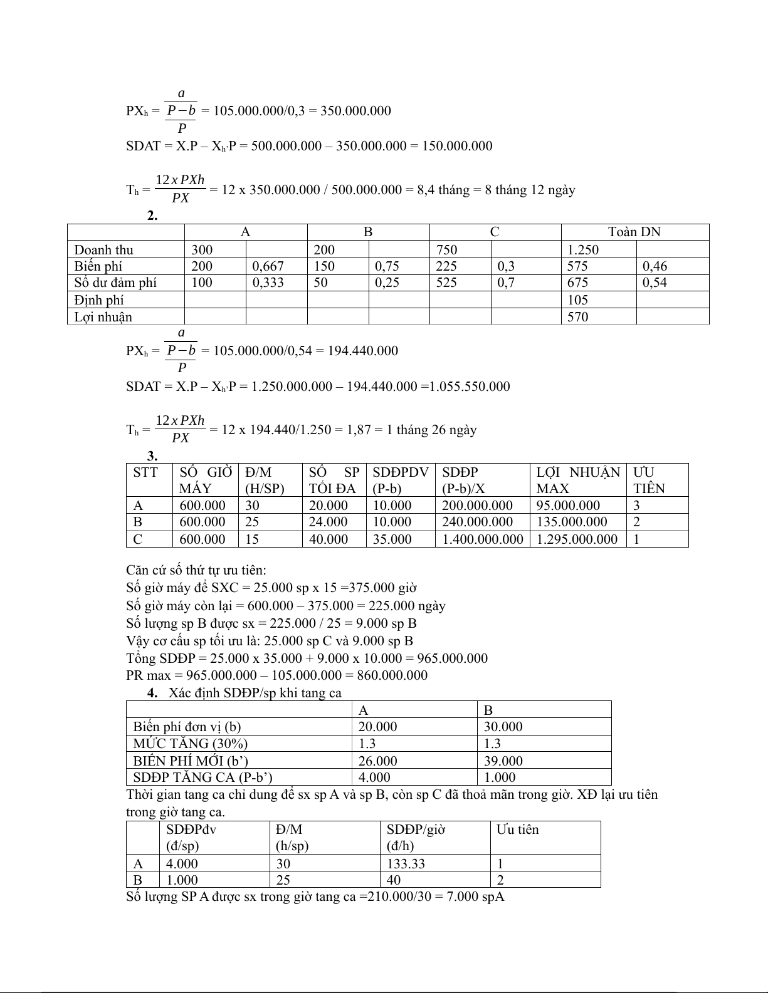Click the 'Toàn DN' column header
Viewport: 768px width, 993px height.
(x=634, y=232)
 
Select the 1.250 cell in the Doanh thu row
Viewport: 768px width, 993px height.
(x=583, y=249)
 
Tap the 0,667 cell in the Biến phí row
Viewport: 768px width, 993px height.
(x=268, y=266)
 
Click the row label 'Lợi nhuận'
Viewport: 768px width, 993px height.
(x=103, y=316)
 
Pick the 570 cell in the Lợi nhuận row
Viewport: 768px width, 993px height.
(x=578, y=316)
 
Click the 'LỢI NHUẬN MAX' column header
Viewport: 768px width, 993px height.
(x=578, y=480)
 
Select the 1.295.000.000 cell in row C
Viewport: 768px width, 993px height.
(x=577, y=539)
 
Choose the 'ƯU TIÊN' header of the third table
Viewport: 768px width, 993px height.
(x=649, y=480)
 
